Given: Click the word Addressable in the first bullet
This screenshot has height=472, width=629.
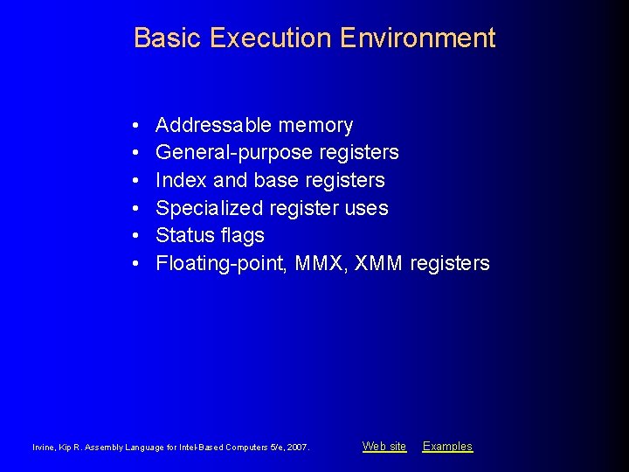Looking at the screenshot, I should tap(210, 126).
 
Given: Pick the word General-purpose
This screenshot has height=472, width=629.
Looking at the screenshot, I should tap(234, 153).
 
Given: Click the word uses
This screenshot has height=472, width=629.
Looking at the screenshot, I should tap(367, 208).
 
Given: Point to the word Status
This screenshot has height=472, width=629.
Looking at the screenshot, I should tap(183, 235).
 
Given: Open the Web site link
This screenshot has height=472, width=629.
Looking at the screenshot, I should tap(384, 447).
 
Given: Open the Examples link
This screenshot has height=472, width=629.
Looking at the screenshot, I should tap(447, 447).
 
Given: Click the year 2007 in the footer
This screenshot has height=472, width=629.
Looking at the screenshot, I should tap(297, 448).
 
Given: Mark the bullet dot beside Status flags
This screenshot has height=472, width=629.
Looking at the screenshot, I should tap(138, 236).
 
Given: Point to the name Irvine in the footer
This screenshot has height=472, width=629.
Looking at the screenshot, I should tap(44, 448).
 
